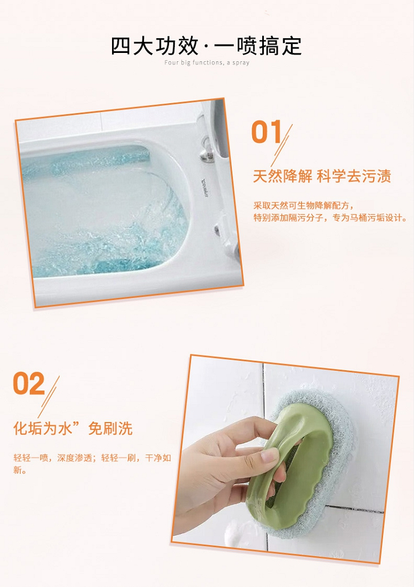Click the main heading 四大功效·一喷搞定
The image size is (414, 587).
(x=206, y=46)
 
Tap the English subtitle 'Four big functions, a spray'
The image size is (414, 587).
(x=207, y=63)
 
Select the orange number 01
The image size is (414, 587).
(x=267, y=132)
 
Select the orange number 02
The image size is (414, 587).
(x=29, y=384)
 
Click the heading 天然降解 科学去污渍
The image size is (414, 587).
(x=322, y=176)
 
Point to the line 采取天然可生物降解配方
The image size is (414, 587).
(x=304, y=206)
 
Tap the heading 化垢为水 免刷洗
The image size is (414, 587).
(x=73, y=428)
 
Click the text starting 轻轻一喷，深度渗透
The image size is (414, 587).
(x=92, y=457)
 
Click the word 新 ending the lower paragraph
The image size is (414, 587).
(x=18, y=470)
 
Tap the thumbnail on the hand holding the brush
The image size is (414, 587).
(x=269, y=455)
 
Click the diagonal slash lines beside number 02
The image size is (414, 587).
(x=49, y=397)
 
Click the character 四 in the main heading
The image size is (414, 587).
(x=121, y=46)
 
